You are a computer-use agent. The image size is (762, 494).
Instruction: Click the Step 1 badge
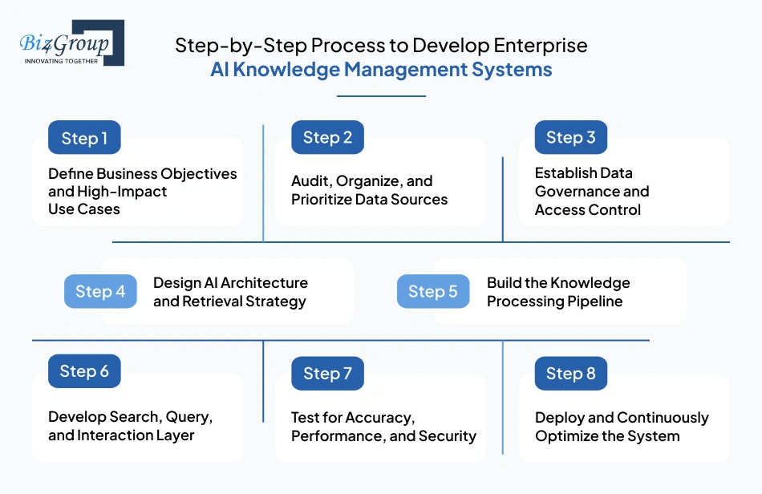pyautogui.click(x=84, y=138)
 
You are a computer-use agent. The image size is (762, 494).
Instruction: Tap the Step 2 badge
pyautogui.click(x=327, y=137)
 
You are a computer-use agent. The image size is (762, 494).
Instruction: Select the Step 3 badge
pyautogui.click(x=571, y=137)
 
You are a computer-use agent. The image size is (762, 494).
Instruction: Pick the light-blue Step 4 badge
pyautogui.click(x=100, y=291)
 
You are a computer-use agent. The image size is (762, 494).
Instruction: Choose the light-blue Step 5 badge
pyautogui.click(x=433, y=291)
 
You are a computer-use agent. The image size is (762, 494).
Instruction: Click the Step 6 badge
pyautogui.click(x=84, y=371)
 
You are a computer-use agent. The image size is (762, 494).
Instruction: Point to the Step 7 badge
pyautogui.click(x=327, y=373)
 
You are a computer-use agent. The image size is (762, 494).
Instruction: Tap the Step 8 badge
pyautogui.click(x=571, y=373)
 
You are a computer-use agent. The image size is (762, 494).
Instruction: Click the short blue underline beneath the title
pyautogui.click(x=381, y=96)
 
